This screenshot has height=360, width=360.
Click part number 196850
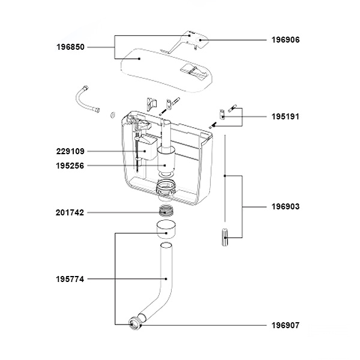[70, 47]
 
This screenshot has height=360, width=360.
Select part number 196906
[286, 40]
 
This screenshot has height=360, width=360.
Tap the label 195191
[286, 116]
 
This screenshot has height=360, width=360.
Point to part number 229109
[70, 151]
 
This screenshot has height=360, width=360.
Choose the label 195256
[70, 166]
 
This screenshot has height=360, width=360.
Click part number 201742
[70, 212]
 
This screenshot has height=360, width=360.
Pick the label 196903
[286, 206]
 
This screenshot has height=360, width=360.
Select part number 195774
[70, 279]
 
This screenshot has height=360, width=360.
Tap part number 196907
[286, 325]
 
